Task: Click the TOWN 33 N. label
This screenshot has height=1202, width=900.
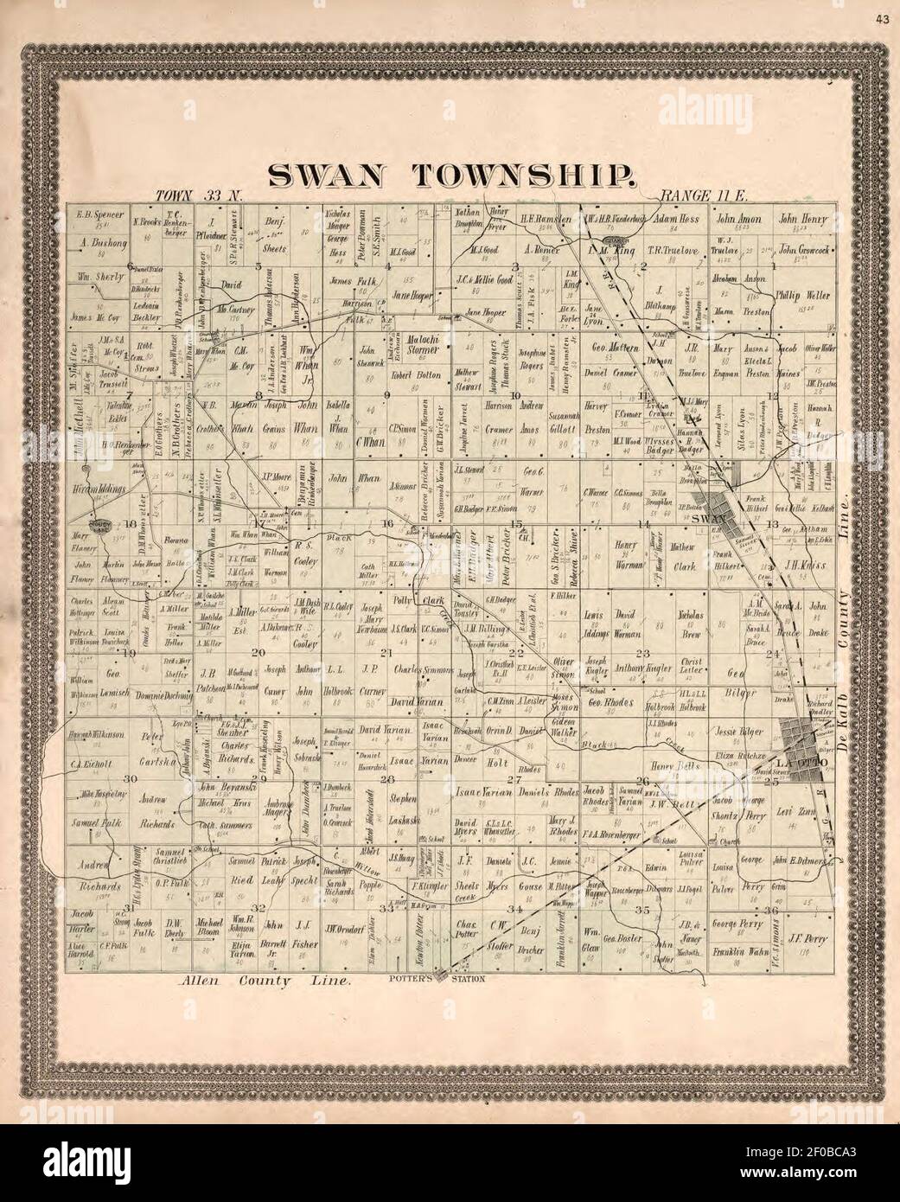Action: click(197, 196)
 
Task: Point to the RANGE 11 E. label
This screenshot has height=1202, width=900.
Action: click(696, 196)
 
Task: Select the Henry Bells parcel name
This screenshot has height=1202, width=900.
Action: click(673, 765)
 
